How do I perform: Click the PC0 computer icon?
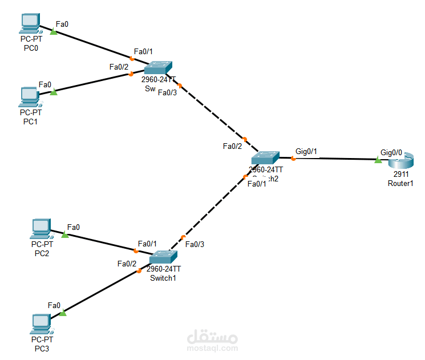click(x=29, y=23)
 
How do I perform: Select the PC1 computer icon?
click(x=29, y=96)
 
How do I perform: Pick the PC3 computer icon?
click(x=41, y=323)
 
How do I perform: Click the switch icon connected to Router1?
click(x=266, y=157)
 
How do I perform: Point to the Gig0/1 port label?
click(x=306, y=152)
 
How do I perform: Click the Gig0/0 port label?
click(x=391, y=152)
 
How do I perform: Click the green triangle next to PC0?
click(x=54, y=32)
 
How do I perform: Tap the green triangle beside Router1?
click(x=378, y=160)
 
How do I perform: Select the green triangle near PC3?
click(x=63, y=313)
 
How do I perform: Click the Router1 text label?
click(x=400, y=183)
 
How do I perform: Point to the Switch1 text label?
click(x=163, y=278)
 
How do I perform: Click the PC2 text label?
click(x=41, y=253)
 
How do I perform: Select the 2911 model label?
click(x=400, y=175)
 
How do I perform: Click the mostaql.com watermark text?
click(x=213, y=347)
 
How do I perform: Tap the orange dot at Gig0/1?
click(x=293, y=158)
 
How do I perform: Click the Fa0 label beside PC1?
click(x=45, y=84)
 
